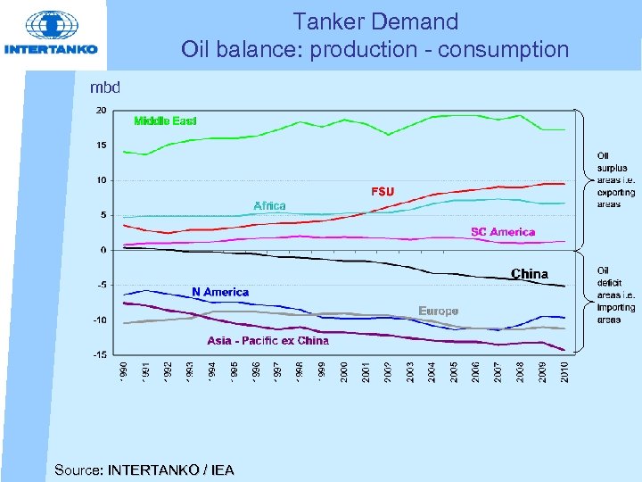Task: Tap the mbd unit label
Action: pos(105,87)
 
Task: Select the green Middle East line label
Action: pos(165,120)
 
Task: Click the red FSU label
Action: pos(382,191)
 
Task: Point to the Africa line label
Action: pos(269,206)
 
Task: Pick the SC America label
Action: pos(503,232)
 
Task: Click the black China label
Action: pos(529,274)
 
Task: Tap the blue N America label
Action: pos(220,292)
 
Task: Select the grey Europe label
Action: pos(439,311)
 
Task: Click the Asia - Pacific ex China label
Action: pos(268,340)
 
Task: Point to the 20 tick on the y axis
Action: pos(101,110)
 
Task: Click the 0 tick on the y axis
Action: pos(103,250)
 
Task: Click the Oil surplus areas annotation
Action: pos(615,180)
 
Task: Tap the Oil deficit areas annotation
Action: pos(615,295)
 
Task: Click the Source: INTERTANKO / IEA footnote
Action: pos(144,470)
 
